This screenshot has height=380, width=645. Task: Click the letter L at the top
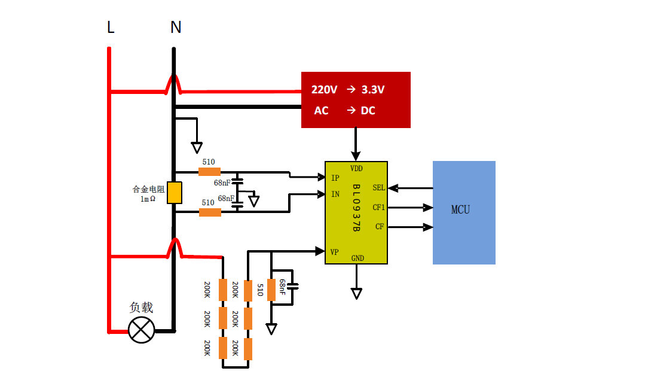pos(111,28)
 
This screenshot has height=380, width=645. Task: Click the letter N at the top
pos(176,28)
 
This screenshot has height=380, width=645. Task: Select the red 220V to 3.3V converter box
pos(355,100)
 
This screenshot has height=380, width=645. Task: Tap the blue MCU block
pos(464,212)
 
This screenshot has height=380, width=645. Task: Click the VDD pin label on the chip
pos(356,168)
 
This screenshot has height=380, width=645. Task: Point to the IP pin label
pos(335,178)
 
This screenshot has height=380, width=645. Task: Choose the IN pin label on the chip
pos(335,194)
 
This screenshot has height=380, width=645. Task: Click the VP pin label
pos(335,252)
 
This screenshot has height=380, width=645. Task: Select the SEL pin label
pos(378,187)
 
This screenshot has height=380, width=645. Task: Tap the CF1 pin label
pos(379,208)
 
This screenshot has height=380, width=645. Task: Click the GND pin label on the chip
pos(357,259)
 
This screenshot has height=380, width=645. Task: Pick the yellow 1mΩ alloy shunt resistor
pos(174,193)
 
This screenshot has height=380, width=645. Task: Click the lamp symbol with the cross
pos(142,330)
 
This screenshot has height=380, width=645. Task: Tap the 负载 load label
pos(142,308)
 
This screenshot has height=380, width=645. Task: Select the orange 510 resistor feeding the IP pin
pos(209,172)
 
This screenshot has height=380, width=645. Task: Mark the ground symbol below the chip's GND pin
pos(356,293)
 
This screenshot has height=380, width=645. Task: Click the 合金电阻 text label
pos(148,189)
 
